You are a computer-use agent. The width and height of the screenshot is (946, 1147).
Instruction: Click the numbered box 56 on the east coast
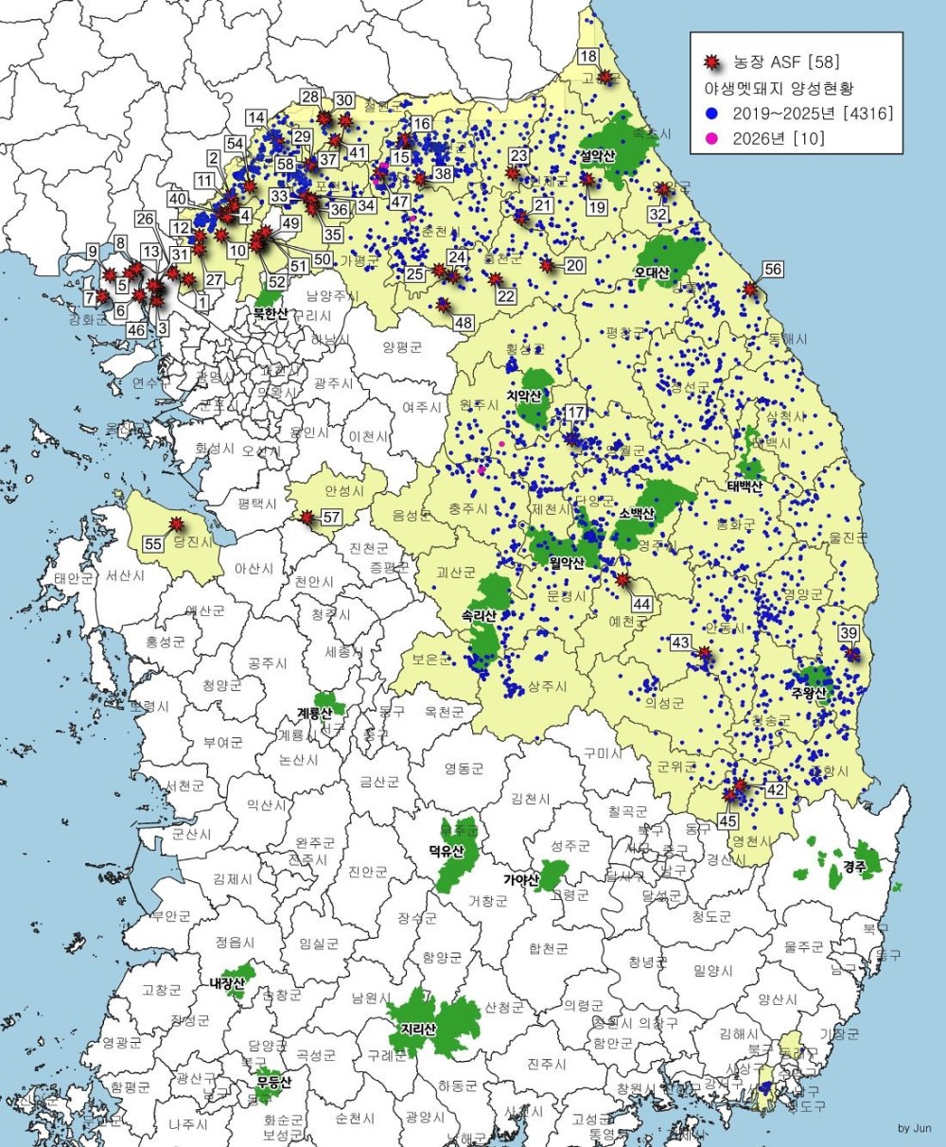773,270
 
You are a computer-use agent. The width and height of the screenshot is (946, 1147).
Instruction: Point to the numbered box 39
849,633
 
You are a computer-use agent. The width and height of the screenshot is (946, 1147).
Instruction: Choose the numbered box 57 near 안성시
331,518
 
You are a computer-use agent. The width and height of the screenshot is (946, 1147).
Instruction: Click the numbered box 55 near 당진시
153,543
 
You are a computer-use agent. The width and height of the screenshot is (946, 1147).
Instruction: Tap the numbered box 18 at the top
588,56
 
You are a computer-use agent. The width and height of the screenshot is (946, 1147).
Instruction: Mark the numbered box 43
681,643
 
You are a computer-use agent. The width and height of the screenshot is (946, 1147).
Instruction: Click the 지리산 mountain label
417,1028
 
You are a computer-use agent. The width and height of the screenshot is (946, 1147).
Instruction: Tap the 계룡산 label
314,712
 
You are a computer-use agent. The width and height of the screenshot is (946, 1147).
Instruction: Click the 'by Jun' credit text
914,1128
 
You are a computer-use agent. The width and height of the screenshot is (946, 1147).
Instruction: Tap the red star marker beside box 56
750,289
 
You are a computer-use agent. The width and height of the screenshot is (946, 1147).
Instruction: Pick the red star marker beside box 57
307,518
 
